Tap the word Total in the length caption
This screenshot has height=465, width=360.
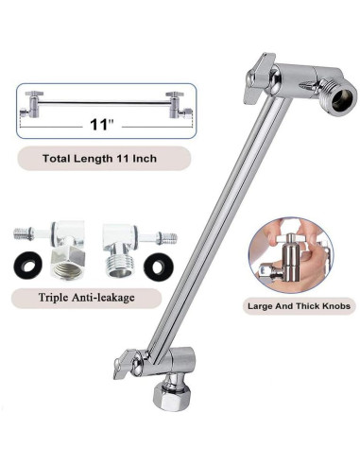coord(58,158)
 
